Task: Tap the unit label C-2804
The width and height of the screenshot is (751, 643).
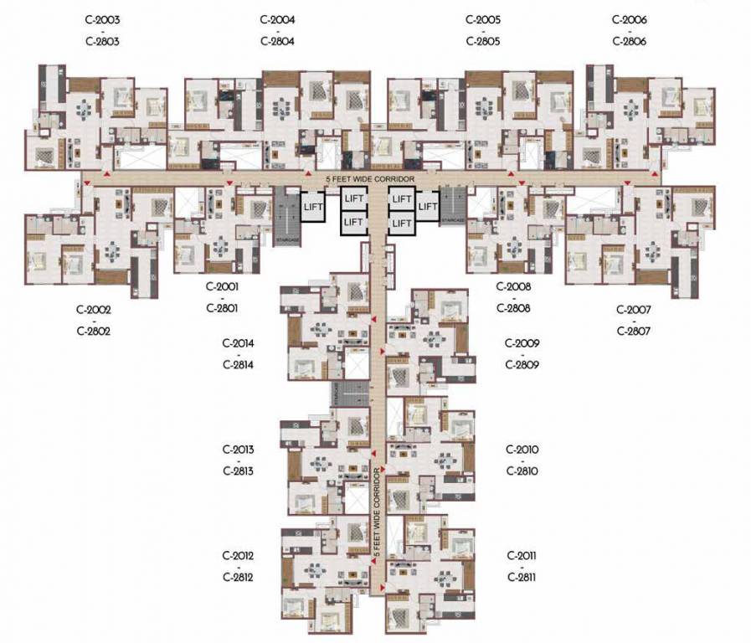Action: click(277, 41)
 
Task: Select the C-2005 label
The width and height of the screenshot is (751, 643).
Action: click(483, 19)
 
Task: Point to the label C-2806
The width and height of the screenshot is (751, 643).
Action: click(630, 41)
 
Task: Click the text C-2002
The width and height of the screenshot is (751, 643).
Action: click(92, 309)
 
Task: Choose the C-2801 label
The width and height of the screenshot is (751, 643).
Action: click(222, 308)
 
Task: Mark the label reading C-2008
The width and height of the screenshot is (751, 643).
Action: click(513, 286)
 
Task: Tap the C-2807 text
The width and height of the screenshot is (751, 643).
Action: click(634, 331)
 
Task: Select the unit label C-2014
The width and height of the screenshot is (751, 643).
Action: click(238, 343)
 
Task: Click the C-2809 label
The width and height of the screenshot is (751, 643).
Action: click(522, 365)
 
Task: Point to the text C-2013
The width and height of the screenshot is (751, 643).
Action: click(239, 450)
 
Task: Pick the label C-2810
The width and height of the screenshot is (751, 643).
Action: click(522, 471)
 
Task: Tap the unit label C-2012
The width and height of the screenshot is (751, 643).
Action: click(238, 556)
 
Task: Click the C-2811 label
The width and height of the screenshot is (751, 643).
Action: click(522, 578)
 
